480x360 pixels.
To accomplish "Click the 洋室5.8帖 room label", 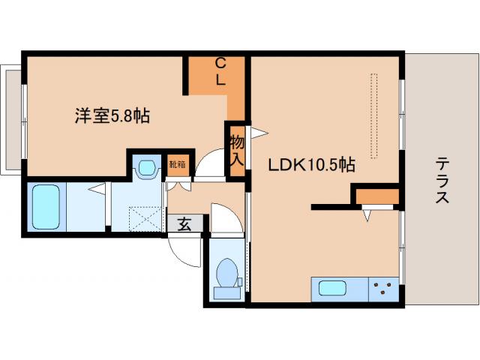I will click(112, 116).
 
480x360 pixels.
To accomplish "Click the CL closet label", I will click(221, 72).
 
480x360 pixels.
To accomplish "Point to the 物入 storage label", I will click(237, 149).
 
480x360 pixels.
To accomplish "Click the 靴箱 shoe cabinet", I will click(178, 164).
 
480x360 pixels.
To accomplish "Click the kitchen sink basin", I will click(334, 288).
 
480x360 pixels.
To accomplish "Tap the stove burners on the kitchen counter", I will click(384, 288).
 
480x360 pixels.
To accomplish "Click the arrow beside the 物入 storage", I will click(257, 133).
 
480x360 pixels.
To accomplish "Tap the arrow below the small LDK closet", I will click(367, 215).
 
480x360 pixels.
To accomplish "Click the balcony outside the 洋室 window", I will click(12, 120).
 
